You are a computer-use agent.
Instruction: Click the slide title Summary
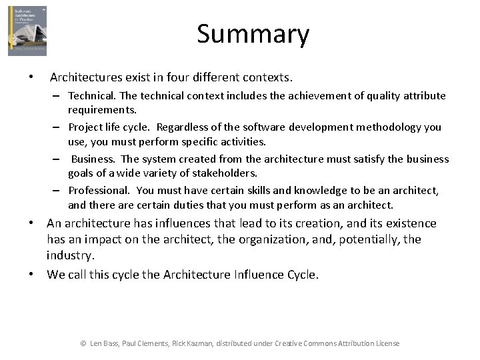coord(253,34)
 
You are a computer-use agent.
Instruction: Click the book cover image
coord(27,31)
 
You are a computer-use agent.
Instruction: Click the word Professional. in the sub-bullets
coord(99,191)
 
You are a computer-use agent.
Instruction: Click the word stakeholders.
coord(224,173)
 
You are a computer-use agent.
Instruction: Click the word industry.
coord(69,255)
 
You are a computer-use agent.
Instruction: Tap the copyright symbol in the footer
coord(83,343)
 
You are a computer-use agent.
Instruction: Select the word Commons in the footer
coord(318,343)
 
